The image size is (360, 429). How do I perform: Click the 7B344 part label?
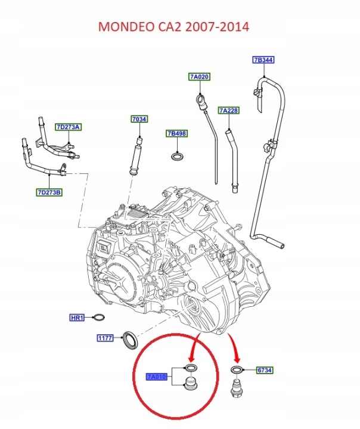(x=263, y=60)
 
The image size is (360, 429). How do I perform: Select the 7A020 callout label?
(x=200, y=77)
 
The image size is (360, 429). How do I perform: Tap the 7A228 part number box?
(x=229, y=111)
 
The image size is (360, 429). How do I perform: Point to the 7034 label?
(x=139, y=119)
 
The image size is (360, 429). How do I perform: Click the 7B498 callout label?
(x=177, y=133)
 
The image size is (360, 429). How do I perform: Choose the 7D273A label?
(x=68, y=127)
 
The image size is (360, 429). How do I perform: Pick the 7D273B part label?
(x=49, y=192)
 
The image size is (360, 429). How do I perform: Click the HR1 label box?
(x=77, y=318)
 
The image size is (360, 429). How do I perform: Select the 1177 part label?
(x=105, y=338)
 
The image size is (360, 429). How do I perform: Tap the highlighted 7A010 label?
(x=156, y=377)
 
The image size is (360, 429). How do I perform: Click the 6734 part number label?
(x=265, y=370)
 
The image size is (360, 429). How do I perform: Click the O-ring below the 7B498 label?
(x=178, y=157)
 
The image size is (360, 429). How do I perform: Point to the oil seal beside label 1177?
(x=129, y=340)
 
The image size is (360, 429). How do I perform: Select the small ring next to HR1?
(x=99, y=318)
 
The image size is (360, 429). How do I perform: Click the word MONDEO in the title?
(x=126, y=27)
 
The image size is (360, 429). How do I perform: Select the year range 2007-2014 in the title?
(x=217, y=27)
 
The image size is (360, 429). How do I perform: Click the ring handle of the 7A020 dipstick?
(x=200, y=100)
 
